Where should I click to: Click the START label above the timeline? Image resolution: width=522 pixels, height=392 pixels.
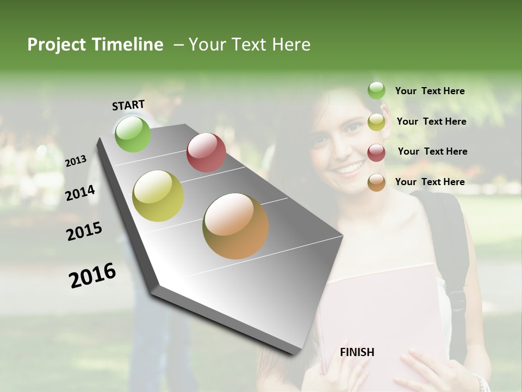click(x=128, y=105)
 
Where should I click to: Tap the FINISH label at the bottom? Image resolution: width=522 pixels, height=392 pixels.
click(x=357, y=352)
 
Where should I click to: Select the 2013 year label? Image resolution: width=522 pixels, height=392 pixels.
click(x=76, y=161)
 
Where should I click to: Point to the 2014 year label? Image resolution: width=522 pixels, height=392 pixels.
click(x=80, y=193)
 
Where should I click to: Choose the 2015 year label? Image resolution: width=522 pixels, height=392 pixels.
click(x=84, y=231)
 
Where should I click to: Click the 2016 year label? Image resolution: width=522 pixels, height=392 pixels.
click(x=92, y=275)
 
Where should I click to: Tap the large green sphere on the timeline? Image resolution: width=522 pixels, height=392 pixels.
click(x=133, y=134)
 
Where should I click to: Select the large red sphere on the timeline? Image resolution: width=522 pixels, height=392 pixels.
click(x=206, y=152)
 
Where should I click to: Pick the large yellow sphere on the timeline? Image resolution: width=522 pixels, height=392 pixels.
click(x=158, y=196)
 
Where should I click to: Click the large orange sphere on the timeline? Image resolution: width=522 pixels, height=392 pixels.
click(x=235, y=226)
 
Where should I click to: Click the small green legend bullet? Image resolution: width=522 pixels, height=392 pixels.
click(x=376, y=91)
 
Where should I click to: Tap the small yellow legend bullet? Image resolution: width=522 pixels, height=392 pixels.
click(x=376, y=122)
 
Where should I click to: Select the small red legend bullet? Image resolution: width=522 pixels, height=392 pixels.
click(x=376, y=152)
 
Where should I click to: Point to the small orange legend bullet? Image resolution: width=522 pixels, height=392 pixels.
click(x=376, y=182)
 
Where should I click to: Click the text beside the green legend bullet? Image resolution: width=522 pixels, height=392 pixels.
click(x=430, y=91)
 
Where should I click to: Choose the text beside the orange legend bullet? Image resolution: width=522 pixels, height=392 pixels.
click(x=430, y=182)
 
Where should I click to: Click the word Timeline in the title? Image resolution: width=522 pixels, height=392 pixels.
click(x=127, y=45)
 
